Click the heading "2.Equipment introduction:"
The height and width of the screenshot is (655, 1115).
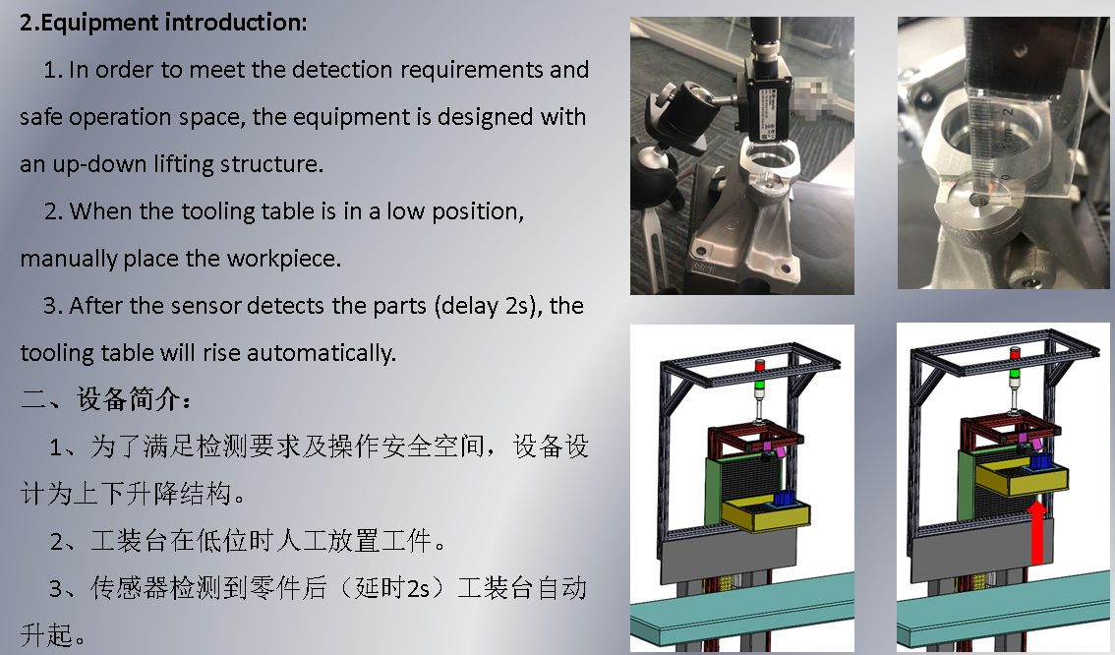(x=163, y=22)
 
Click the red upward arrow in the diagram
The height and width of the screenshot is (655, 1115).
(x=1037, y=532)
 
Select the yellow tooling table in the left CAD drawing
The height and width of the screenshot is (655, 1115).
(x=767, y=515)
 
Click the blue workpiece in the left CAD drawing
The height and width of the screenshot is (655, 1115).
(x=785, y=499)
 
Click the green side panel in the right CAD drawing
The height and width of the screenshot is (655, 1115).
(x=966, y=485)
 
